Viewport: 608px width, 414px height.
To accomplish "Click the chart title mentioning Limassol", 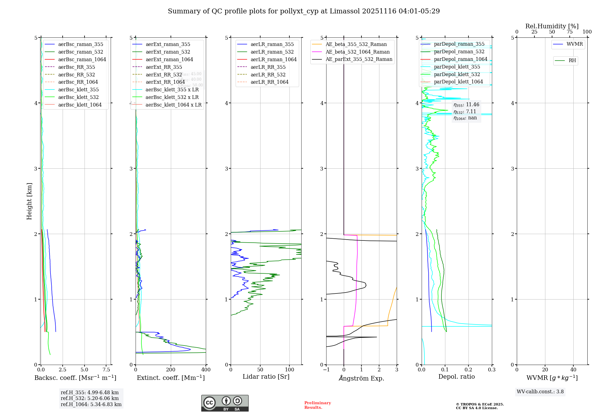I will coord(304,11).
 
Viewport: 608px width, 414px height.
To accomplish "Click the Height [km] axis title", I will coord(29,201).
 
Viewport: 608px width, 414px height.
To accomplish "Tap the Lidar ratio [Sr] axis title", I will coord(266,377).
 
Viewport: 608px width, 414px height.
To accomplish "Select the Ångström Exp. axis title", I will coord(361,378).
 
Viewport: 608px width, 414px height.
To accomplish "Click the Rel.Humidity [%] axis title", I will coord(552,26).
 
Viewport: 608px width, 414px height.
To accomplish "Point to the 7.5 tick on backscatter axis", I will coord(106,370).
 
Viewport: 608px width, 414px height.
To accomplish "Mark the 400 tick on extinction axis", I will coord(206,370).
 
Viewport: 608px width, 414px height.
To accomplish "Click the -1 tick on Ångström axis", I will coord(326,370).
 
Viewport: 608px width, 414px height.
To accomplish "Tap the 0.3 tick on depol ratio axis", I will coord(492,370).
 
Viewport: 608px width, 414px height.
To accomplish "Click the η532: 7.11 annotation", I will coord(465,111).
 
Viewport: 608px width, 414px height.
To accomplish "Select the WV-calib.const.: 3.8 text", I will coord(540,392).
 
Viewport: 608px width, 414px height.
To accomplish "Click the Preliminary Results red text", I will coord(317,405).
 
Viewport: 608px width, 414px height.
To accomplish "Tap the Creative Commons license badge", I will coord(225,403).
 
